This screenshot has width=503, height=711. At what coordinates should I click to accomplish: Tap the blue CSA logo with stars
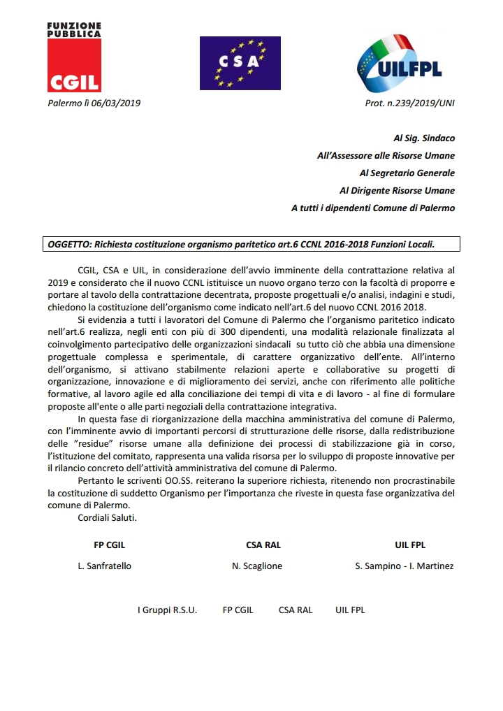pos(240,62)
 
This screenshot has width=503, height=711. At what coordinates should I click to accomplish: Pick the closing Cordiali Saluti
pos(108,518)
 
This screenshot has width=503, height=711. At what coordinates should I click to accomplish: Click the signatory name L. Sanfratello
pos(104,566)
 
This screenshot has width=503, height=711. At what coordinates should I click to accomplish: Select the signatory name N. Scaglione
pos(257,566)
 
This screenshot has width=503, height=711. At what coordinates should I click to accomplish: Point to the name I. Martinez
pos(433,566)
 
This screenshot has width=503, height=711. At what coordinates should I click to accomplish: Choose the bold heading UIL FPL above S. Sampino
pos(410,545)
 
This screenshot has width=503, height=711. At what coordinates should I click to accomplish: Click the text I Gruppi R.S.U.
pos(167,610)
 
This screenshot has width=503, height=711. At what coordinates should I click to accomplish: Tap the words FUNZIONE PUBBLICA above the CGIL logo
pos(74,29)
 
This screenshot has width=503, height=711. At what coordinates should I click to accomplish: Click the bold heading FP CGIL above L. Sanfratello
pos(110,545)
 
